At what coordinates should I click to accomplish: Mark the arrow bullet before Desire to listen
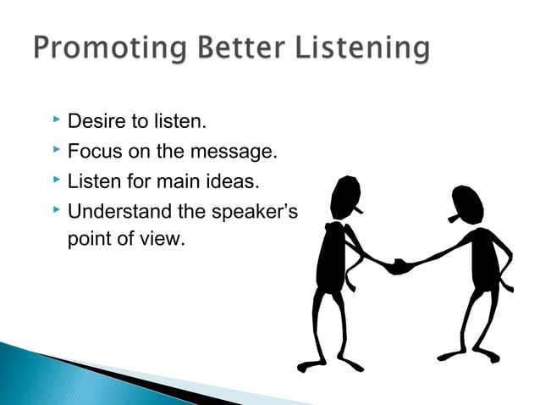click(55, 121)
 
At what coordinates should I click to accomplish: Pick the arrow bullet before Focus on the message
click(55, 151)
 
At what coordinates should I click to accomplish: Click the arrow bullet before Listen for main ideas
click(55, 180)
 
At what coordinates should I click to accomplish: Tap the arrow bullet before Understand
click(55, 210)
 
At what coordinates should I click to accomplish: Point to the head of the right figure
click(467, 203)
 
